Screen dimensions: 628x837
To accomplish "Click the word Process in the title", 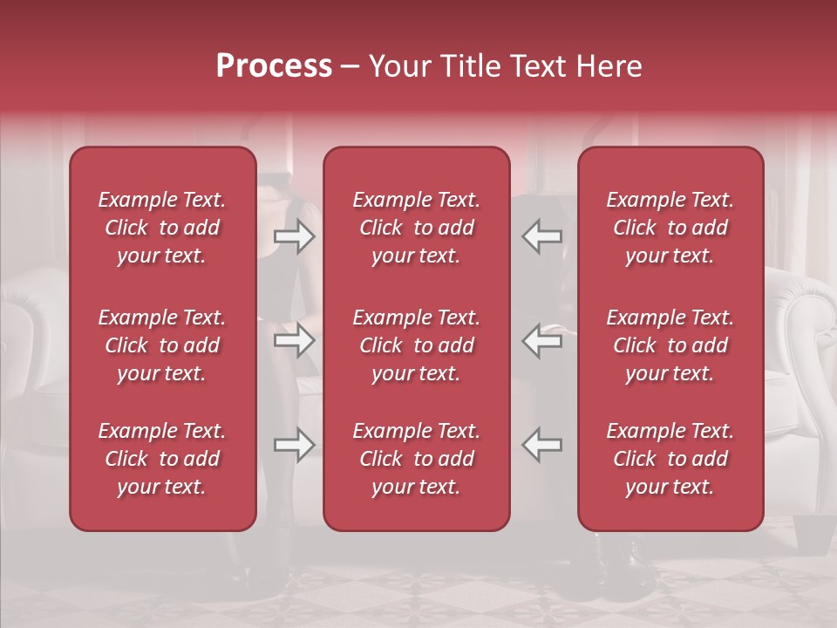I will tap(274, 66).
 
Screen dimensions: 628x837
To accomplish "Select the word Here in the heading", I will tap(611, 66).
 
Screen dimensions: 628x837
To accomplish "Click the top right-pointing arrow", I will tap(294, 236).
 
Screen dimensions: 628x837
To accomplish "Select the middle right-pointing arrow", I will tap(294, 340).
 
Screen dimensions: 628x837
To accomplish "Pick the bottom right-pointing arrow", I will tap(294, 445).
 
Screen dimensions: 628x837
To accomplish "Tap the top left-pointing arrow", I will tap(542, 236).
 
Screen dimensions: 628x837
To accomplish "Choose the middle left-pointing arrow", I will tap(542, 340).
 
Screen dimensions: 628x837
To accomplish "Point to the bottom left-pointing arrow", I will tap(542, 445).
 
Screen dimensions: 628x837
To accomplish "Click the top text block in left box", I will tap(162, 228).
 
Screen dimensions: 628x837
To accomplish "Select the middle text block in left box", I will tap(162, 345).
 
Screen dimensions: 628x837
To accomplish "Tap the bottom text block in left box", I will tap(162, 459).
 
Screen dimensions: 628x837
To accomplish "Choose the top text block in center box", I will tap(417, 228).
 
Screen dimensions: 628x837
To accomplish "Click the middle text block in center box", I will tap(417, 345).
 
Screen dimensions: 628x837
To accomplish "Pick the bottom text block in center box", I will tap(417, 459).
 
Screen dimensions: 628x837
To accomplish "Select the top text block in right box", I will tap(670, 228).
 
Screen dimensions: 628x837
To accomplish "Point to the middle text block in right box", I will tap(670, 345).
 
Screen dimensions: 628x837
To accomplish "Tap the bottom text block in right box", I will tap(670, 459).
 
